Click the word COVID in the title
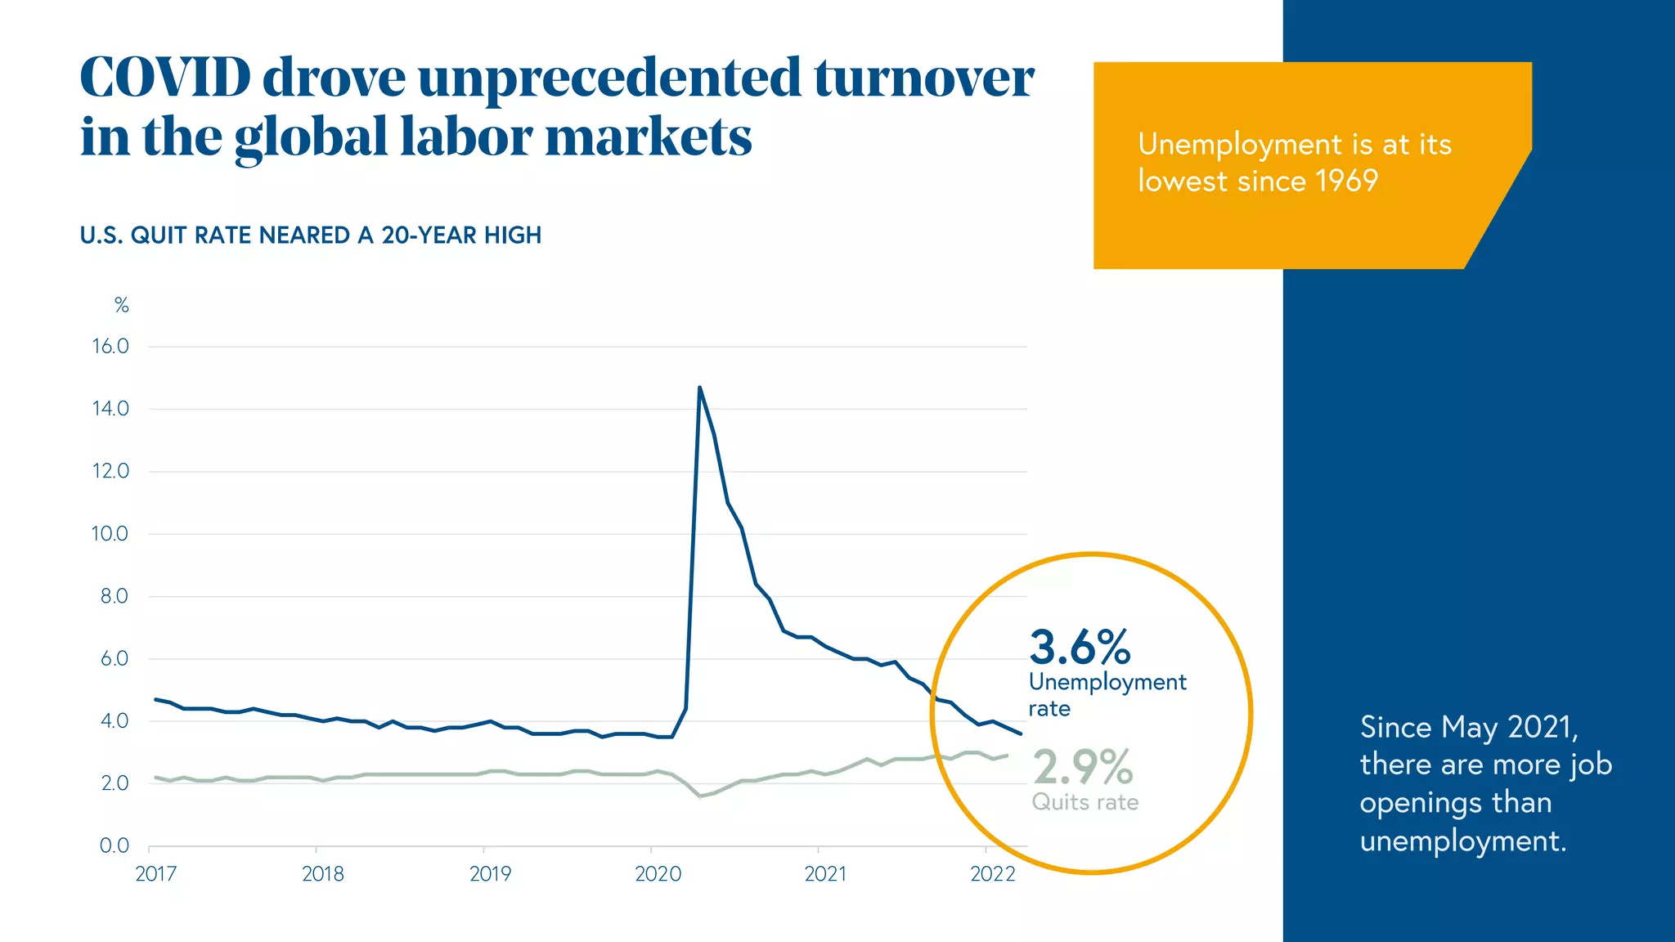pyautogui.click(x=165, y=78)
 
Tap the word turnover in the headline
pyautogui.click(x=923, y=78)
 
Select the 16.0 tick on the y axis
pyautogui.click(x=110, y=346)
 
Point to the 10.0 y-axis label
pyautogui.click(x=110, y=534)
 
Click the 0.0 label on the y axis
pyautogui.click(x=115, y=846)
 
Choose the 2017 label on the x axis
pyautogui.click(x=155, y=874)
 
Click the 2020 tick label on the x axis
pyautogui.click(x=658, y=874)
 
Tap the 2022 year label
pyautogui.click(x=992, y=874)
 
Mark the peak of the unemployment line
pyautogui.click(x=699, y=388)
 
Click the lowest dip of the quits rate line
pyautogui.click(x=701, y=796)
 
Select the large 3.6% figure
pyautogui.click(x=1080, y=647)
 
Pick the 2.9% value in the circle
pyautogui.click(x=1083, y=767)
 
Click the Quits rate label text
pyautogui.click(x=1084, y=802)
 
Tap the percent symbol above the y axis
pyautogui.click(x=121, y=306)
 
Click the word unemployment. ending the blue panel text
pyautogui.click(x=1462, y=841)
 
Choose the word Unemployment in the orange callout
pyautogui.click(x=1240, y=145)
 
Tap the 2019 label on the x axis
pyautogui.click(x=490, y=874)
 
